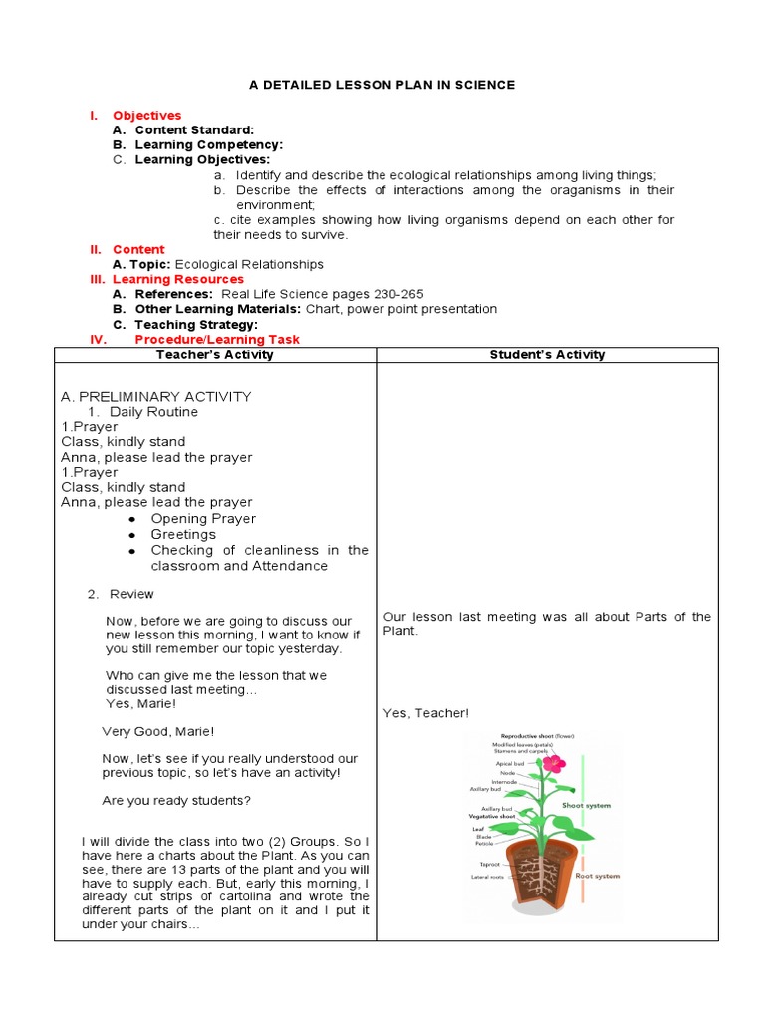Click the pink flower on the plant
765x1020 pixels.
click(553, 764)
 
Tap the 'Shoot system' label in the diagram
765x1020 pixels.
click(586, 805)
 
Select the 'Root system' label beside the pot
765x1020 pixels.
click(598, 876)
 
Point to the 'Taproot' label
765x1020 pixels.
click(489, 864)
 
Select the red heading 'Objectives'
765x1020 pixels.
click(146, 116)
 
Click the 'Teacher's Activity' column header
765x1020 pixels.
click(214, 354)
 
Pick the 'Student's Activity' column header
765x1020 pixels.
click(547, 354)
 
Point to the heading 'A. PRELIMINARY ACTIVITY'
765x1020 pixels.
click(155, 396)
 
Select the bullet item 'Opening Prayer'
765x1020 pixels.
click(203, 518)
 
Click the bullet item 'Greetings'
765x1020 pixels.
click(183, 534)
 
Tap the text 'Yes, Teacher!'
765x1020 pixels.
click(425, 713)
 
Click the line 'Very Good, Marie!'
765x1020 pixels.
click(157, 731)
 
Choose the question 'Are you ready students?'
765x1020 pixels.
click(176, 800)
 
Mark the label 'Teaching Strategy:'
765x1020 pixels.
click(196, 324)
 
